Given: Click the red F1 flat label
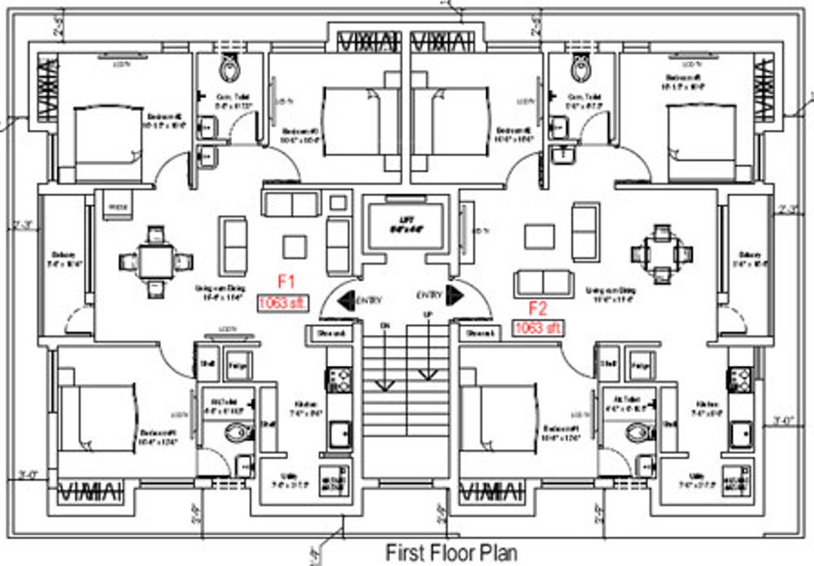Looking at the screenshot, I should [x=286, y=282].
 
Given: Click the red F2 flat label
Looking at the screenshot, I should [x=538, y=308].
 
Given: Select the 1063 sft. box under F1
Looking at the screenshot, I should [x=283, y=303].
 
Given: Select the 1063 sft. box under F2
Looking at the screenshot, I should [x=537, y=328].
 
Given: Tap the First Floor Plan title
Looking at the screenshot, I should [x=451, y=552].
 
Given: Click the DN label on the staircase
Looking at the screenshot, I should [x=387, y=327].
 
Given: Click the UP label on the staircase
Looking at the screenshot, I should [x=425, y=314].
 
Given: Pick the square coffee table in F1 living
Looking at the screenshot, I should [x=295, y=246].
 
